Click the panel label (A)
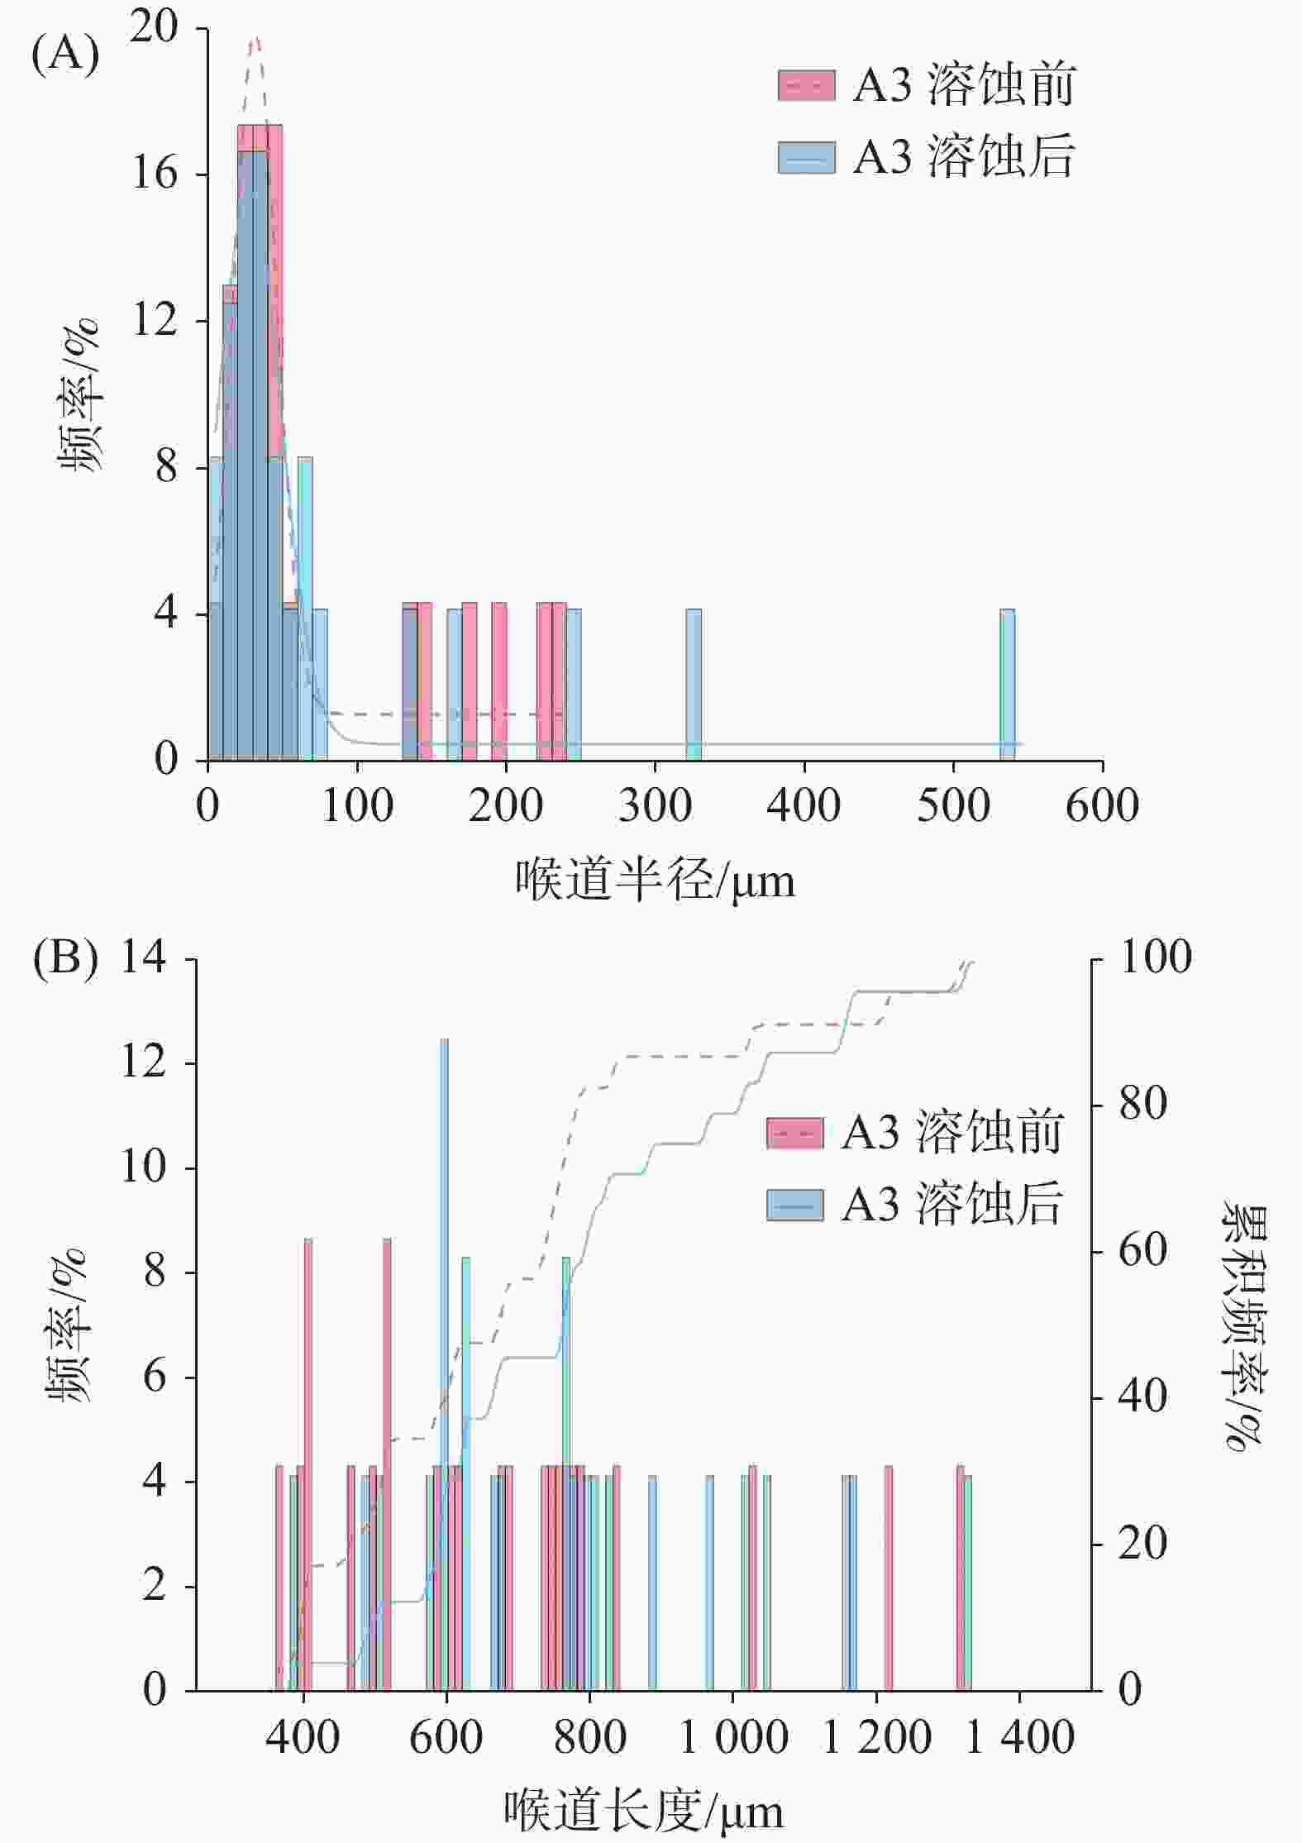65,55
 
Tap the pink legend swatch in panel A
806,85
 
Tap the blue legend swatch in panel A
806,156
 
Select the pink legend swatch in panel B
794,1134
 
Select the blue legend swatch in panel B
794,1205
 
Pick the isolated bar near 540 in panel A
1007,685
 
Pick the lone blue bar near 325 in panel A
694,685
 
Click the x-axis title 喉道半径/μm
655,881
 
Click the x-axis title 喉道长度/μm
644,1811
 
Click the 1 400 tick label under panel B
1019,1736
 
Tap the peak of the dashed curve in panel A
255,38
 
